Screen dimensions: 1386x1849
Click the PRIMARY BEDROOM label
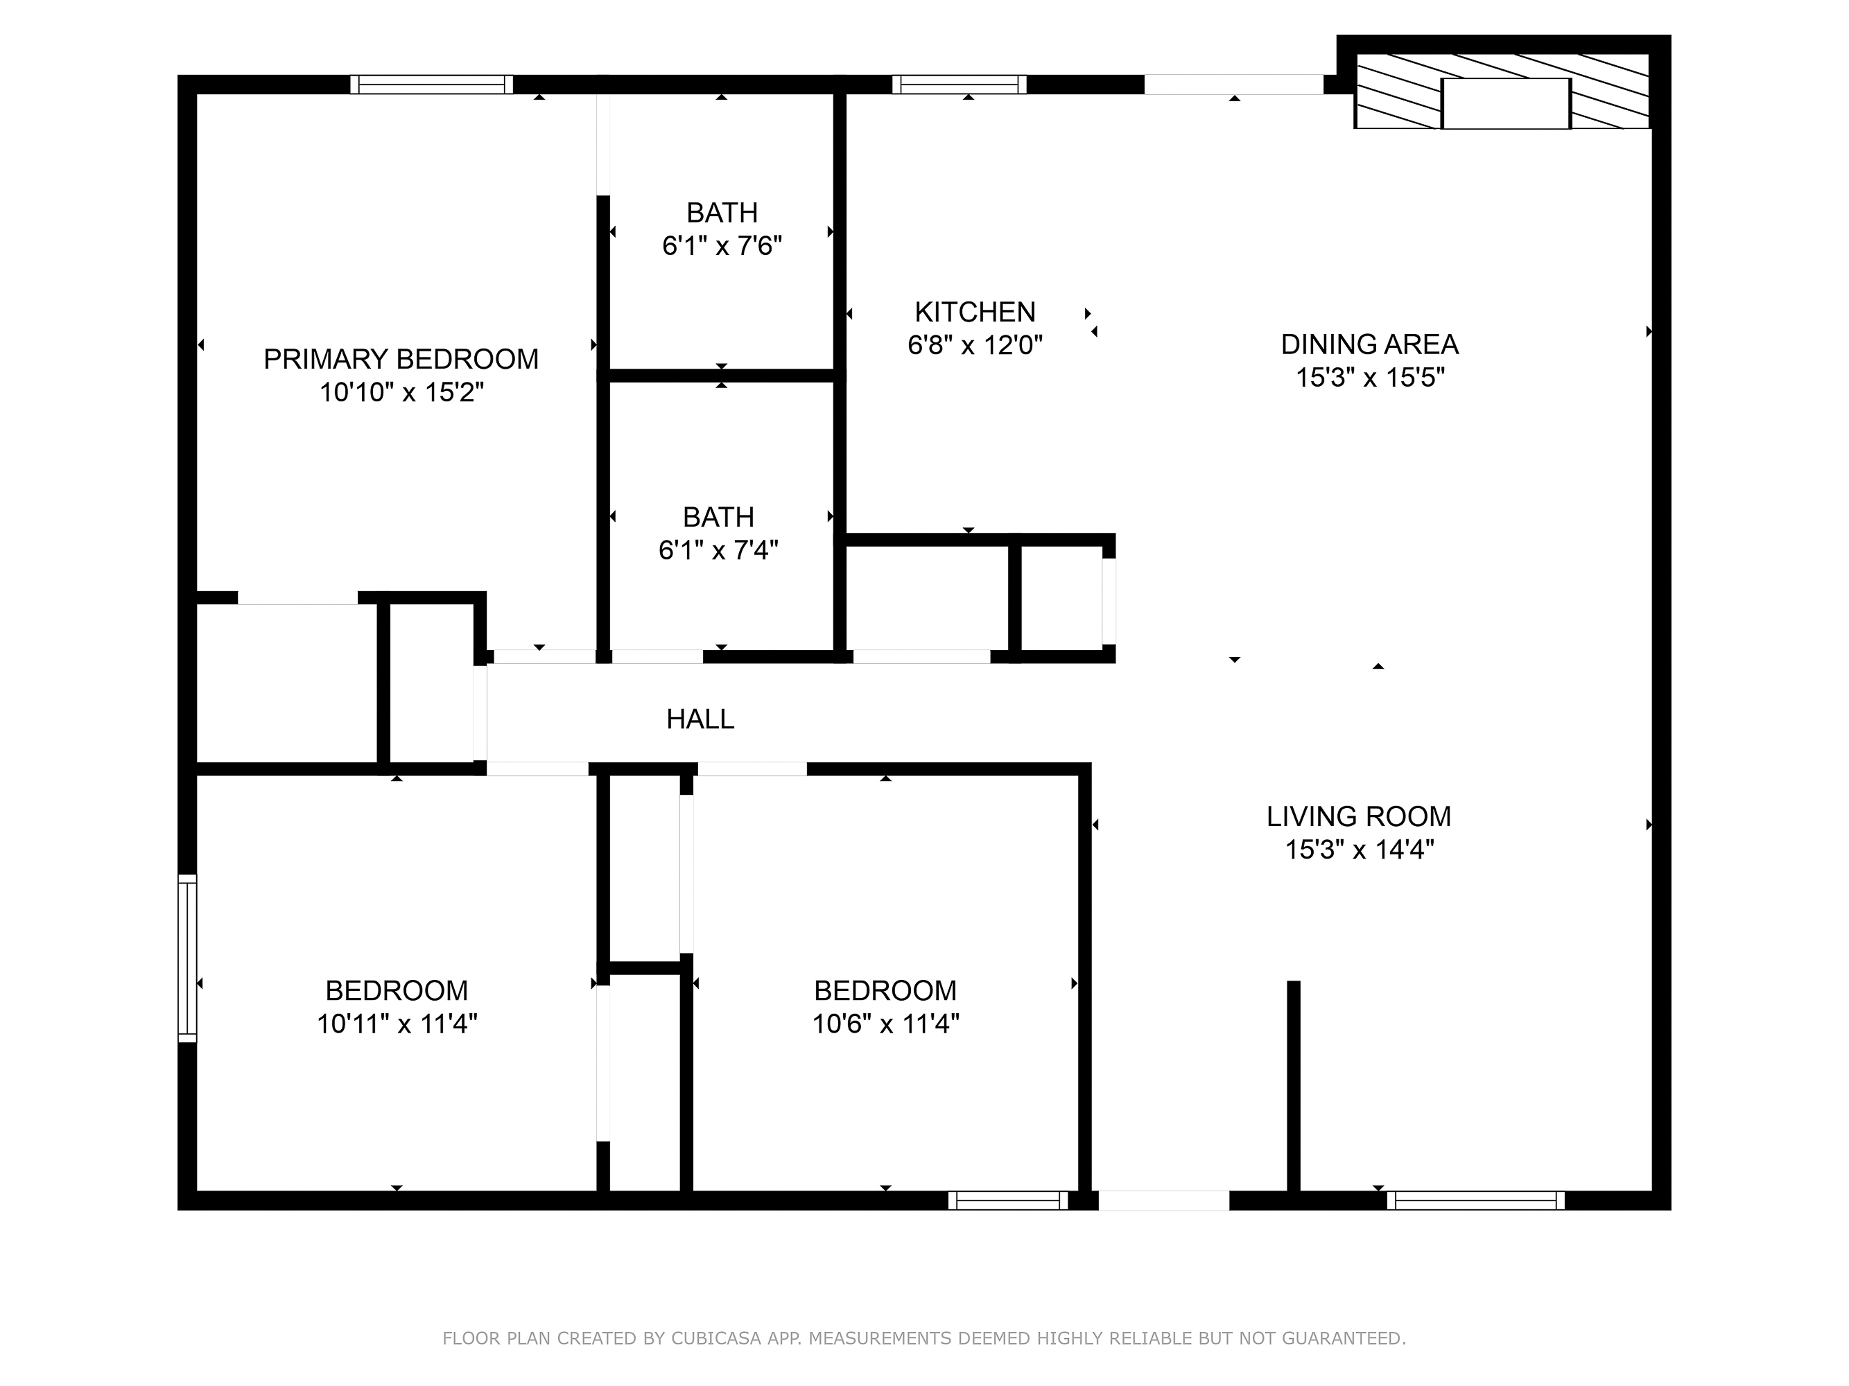point(401,359)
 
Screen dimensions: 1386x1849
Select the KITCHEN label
point(975,313)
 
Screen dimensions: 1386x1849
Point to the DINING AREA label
point(1369,344)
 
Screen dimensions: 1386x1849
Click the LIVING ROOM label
point(1358,816)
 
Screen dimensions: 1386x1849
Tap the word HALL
point(700,719)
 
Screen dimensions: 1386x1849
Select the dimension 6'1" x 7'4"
point(718,550)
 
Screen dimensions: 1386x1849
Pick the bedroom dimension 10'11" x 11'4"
point(397,1024)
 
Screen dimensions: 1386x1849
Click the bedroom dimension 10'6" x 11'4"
point(885,1024)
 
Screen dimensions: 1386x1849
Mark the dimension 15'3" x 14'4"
point(1359,850)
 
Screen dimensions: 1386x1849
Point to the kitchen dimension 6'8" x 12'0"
point(975,345)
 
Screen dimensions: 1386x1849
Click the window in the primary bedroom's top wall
point(431,85)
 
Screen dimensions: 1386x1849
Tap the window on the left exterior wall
point(187,958)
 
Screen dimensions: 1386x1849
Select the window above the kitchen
point(959,85)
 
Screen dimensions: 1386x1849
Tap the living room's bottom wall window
point(1475,1200)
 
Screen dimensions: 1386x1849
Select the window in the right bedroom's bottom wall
point(1007,1200)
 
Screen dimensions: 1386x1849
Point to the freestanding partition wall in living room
point(1293,1086)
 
